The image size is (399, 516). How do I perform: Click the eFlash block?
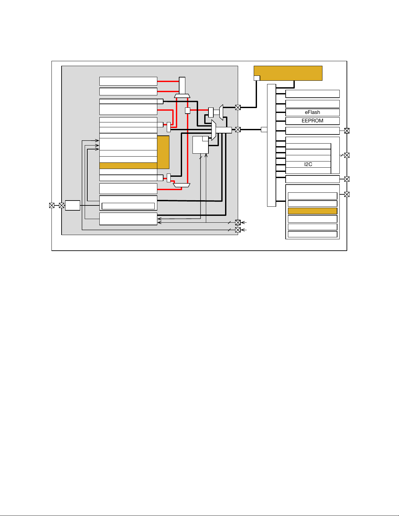(x=312, y=112)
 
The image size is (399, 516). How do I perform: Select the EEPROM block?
(x=312, y=121)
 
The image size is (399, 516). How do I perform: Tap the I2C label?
(x=308, y=164)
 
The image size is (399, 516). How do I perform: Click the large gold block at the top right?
(x=288, y=73)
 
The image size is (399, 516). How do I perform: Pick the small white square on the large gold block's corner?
(x=257, y=78)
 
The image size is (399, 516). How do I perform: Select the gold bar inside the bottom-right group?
(x=312, y=211)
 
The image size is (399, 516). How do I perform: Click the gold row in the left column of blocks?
(x=128, y=166)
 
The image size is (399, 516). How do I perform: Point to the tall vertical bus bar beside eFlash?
(x=271, y=145)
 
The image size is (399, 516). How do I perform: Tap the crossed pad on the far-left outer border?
(x=51, y=205)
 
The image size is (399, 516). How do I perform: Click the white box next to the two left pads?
(x=72, y=205)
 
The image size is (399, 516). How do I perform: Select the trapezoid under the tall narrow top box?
(x=182, y=96)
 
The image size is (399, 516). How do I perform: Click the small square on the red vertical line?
(x=188, y=111)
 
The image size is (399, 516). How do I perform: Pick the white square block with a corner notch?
(x=200, y=145)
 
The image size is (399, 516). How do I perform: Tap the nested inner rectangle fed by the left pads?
(x=128, y=206)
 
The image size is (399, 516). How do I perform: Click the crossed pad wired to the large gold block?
(x=238, y=107)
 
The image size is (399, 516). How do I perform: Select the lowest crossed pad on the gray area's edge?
(x=238, y=230)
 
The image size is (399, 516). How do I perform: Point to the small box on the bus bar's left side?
(x=264, y=130)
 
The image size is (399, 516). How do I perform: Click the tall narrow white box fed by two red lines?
(x=182, y=86)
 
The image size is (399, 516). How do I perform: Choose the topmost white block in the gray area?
(x=128, y=81)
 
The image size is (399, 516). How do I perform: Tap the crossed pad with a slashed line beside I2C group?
(x=347, y=155)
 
